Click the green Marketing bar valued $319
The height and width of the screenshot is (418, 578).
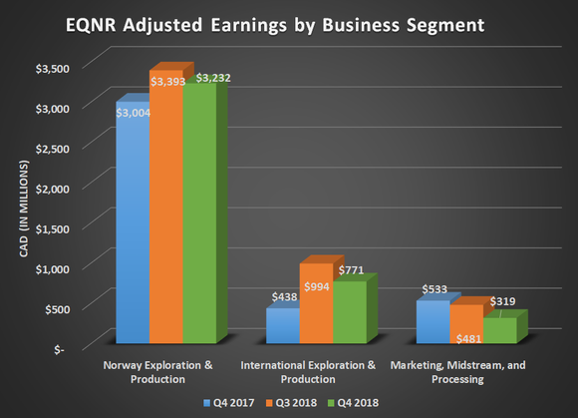pos(498,330)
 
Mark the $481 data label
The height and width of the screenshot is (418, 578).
pos(468,339)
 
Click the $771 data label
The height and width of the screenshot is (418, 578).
pos(352,269)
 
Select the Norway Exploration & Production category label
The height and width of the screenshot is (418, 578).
pos(158,372)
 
